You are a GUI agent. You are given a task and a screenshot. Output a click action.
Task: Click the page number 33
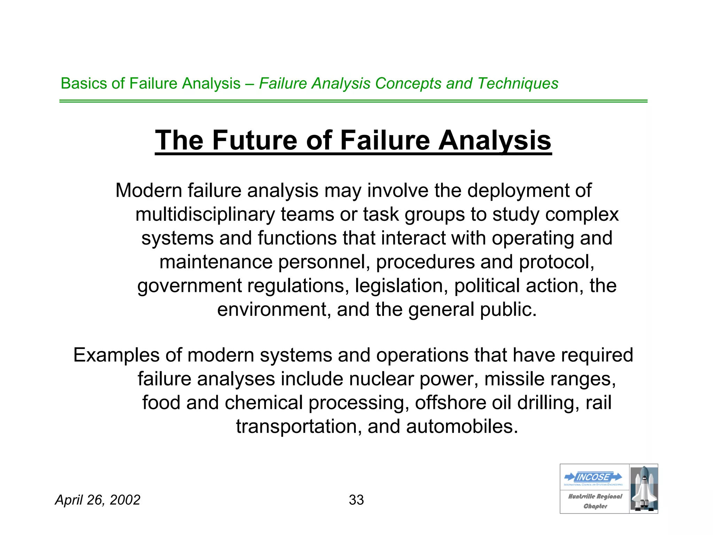click(356, 500)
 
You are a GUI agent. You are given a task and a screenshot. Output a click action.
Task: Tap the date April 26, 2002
click(97, 500)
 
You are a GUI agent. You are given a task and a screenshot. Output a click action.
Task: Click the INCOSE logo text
click(593, 477)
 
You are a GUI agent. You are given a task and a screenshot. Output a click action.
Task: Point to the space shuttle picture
click(644, 489)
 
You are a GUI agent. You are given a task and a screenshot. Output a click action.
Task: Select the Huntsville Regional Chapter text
click(595, 501)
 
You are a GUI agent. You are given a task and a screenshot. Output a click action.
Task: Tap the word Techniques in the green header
click(518, 84)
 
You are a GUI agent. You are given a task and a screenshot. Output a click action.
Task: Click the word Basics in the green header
click(84, 84)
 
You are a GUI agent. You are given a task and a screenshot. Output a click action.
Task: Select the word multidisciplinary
click(205, 214)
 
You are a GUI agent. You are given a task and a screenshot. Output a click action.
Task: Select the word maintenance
click(216, 262)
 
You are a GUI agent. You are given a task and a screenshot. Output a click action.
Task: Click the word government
click(189, 286)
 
